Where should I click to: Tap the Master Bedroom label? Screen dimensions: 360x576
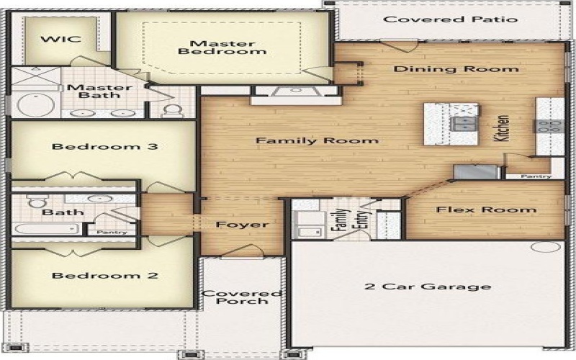coord(222,47)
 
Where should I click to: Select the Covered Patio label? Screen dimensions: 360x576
coord(450,19)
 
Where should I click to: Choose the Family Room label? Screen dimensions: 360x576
coord(318,140)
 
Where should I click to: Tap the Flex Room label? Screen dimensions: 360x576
coord(486,210)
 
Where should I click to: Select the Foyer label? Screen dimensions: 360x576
coord(243,225)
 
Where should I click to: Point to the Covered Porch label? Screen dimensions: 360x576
coord(241,297)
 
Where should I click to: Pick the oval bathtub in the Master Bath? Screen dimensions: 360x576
coord(35,106)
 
